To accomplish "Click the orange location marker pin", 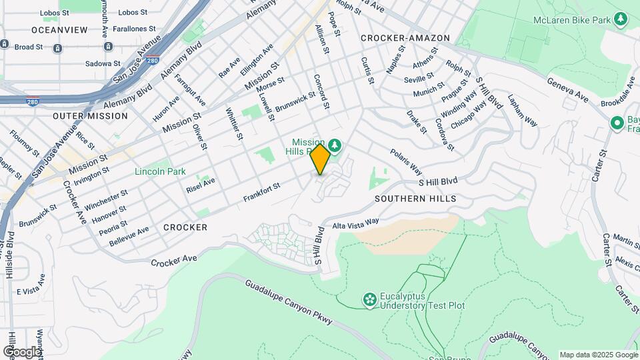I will pos(321,159).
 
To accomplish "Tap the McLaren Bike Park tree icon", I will pos(621,19).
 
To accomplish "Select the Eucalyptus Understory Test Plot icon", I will pos(369,301).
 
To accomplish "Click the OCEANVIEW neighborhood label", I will pos(59,30).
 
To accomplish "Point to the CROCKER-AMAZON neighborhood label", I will pos(405,38).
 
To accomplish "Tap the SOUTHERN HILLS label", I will pos(415,199).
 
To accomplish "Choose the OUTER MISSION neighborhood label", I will pos(90,116).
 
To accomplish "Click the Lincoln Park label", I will pos(160,171).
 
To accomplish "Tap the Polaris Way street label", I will pos(406,160).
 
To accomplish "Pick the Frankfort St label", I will pos(261,195).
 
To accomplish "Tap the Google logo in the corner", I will pos(22,351).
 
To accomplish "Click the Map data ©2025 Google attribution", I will pos(598,355).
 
